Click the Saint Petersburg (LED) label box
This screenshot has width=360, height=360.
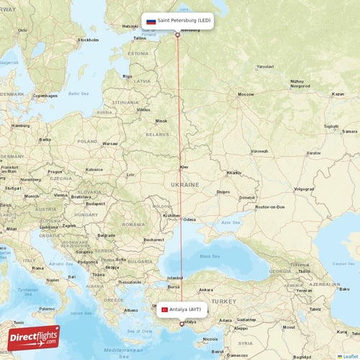(x=177, y=21)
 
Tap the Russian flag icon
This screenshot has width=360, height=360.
(x=151, y=21)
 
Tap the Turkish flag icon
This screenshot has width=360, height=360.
(x=164, y=309)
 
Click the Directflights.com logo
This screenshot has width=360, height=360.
(x=34, y=337)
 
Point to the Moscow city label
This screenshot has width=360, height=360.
(x=246, y=94)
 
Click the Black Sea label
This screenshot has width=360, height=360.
(x=210, y=256)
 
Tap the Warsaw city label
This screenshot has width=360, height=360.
(x=109, y=143)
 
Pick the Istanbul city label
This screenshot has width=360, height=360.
(x=176, y=277)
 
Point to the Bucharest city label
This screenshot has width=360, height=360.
(x=153, y=239)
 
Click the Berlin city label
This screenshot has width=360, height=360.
(x=45, y=139)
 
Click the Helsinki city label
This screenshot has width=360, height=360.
(x=130, y=27)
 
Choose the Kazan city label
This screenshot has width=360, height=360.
(x=338, y=94)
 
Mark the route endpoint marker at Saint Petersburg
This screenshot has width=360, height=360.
(x=177, y=35)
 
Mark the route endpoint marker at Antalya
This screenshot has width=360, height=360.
(x=181, y=324)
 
